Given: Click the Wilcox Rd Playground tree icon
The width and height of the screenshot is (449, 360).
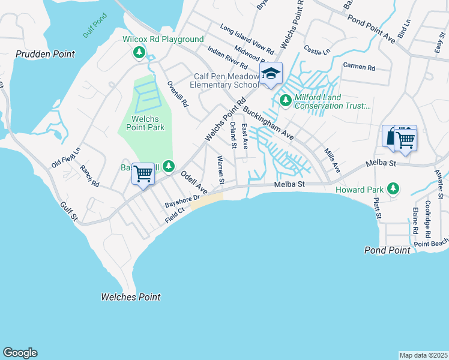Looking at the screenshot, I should coord(139,53).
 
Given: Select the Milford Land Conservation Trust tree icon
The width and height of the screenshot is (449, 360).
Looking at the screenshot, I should coord(286,100).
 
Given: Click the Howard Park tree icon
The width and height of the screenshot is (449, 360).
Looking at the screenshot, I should coord(393,189).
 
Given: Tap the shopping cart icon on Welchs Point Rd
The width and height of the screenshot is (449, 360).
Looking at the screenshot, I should coord(143,175).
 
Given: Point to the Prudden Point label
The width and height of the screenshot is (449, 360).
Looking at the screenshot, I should coord(46,54).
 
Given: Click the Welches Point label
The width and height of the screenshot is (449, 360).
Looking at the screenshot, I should coord(130,297).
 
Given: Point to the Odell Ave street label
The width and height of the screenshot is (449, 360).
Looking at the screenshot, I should coord(193,182).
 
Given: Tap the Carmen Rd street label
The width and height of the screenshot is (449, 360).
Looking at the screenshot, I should coord(359,67).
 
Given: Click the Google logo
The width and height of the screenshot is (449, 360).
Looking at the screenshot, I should coord(20,353).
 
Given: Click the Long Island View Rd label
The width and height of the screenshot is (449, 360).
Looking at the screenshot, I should coord(246,37).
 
